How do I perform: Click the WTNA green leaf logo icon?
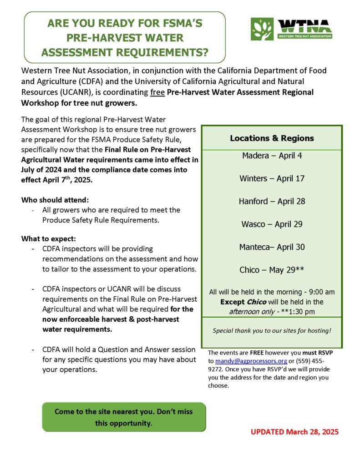[262, 29]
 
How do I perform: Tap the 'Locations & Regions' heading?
[272, 138]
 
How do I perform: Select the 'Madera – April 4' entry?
[272, 156]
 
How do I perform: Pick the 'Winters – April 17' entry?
[272, 178]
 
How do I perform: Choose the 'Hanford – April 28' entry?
[272, 201]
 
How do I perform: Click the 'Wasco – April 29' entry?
[272, 224]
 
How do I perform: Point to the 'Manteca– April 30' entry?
[272, 247]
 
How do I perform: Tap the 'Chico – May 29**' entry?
[272, 270]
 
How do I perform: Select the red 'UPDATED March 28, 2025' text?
[294, 431]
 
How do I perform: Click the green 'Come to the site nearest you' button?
[124, 417]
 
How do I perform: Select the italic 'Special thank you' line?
[272, 330]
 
